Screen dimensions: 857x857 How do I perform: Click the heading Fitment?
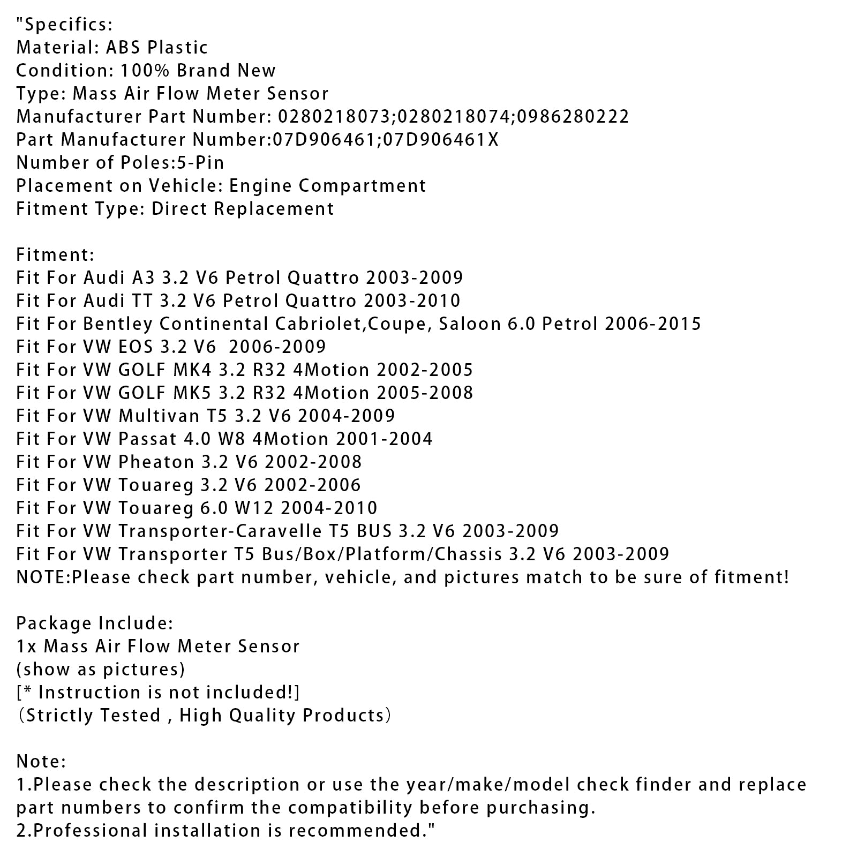coord(55,254)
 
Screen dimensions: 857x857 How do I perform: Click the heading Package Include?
coord(94,623)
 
